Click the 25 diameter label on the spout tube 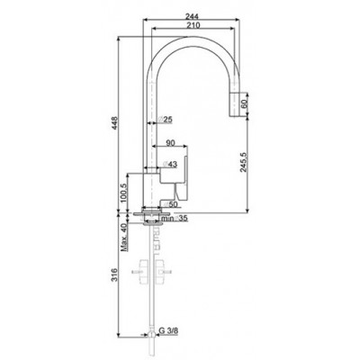pyautogui.click(x=166, y=120)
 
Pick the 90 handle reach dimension pyautogui.click(x=171, y=142)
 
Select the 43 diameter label pyautogui.click(x=171, y=163)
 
